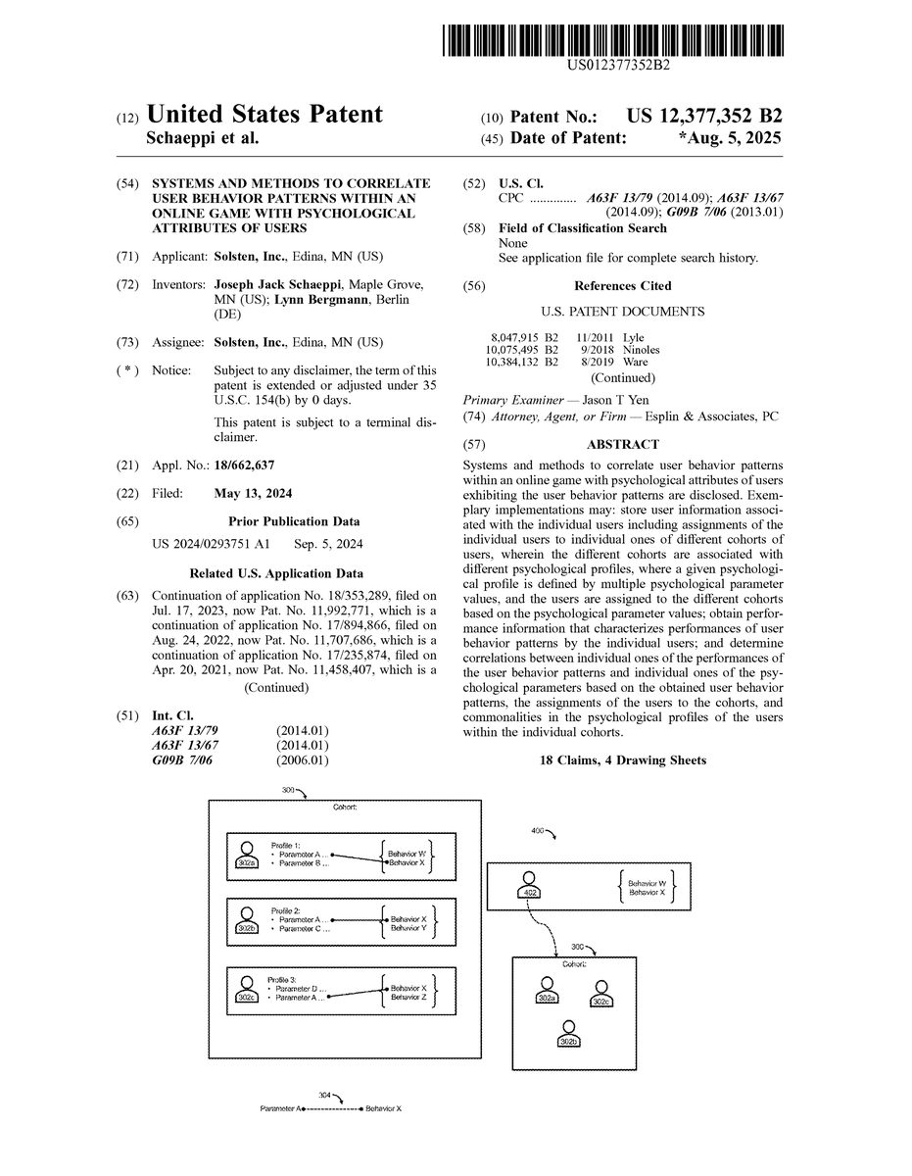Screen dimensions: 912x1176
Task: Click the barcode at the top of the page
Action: (613, 40)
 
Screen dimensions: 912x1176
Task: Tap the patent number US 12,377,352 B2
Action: (704, 117)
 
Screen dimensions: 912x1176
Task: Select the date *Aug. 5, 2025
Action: (730, 138)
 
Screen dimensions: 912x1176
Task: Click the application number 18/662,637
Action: (244, 465)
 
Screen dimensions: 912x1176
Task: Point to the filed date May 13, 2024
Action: (253, 493)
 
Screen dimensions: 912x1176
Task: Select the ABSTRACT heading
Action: (623, 444)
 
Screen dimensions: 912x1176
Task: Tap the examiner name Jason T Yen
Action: (615, 400)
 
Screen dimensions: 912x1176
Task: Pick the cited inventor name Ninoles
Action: (641, 350)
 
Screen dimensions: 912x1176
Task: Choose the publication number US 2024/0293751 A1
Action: (211, 544)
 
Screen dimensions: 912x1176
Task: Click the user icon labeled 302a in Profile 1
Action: (247, 856)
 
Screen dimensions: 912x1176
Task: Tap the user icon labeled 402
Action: (530, 885)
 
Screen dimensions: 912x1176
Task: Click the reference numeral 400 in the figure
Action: (537, 831)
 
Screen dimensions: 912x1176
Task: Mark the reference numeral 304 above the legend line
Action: (324, 1095)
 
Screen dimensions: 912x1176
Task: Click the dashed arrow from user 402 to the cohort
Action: (542, 928)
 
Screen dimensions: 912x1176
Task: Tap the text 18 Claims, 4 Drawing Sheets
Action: (623, 760)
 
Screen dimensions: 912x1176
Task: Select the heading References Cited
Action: (623, 286)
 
